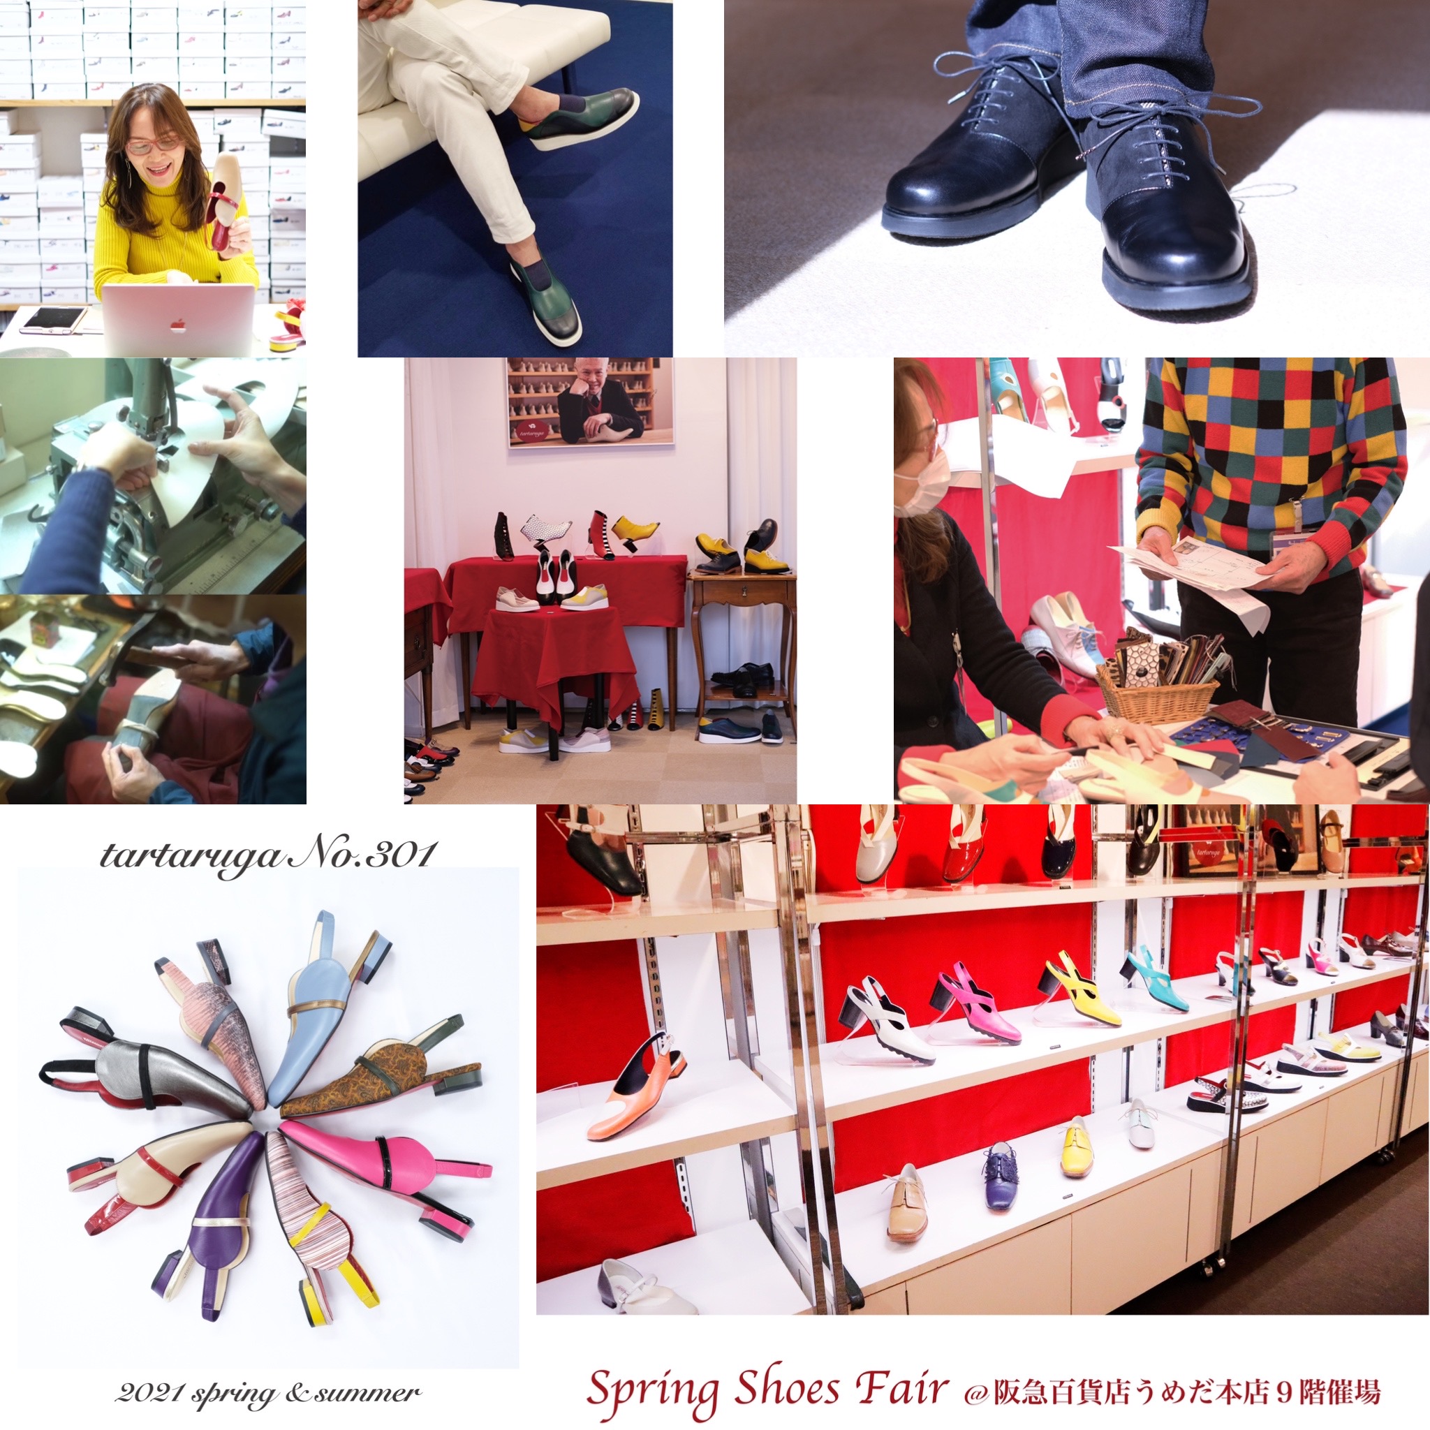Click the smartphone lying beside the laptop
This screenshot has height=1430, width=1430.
click(x=52, y=320)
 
